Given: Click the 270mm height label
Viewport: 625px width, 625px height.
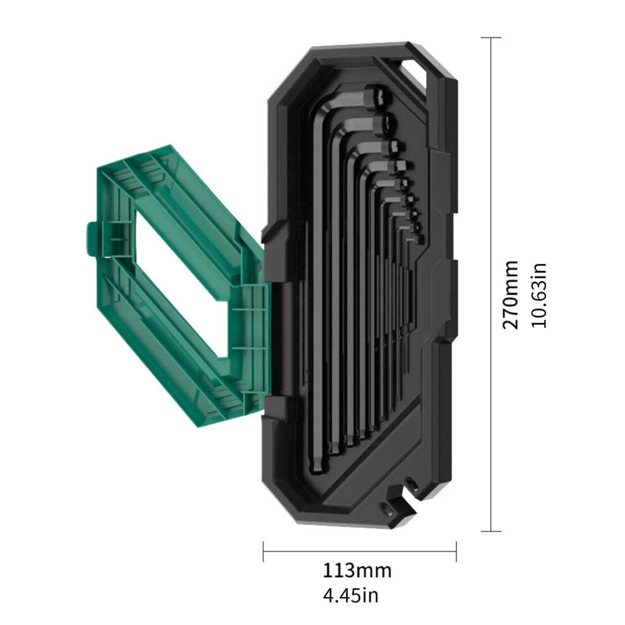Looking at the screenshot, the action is coord(510,295).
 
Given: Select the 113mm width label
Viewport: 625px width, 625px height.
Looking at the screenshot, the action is coord(357,571).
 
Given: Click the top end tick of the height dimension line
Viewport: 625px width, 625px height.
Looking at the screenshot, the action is coord(491,37).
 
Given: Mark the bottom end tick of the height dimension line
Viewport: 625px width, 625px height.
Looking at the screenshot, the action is coord(491,531).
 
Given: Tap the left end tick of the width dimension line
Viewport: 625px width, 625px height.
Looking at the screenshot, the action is coord(263,552).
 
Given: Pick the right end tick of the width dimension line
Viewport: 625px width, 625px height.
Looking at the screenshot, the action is coord(456,552).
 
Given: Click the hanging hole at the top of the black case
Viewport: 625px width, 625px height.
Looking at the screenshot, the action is coord(415,69).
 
